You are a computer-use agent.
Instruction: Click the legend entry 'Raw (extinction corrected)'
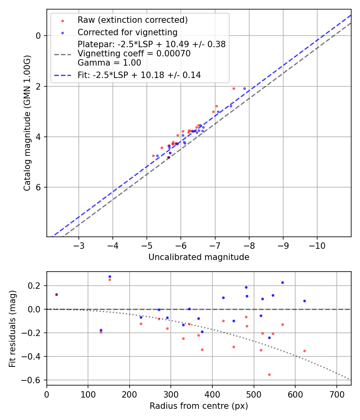132,20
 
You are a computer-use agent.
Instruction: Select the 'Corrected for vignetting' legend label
127,32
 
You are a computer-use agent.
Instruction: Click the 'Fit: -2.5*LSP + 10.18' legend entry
139,75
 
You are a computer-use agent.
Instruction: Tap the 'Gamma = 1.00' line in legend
109,63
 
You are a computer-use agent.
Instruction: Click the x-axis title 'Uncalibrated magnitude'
199,257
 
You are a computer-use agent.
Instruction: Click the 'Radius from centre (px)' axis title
199,406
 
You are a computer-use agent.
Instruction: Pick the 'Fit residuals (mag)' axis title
12,328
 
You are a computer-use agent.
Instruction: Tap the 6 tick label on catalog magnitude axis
38,187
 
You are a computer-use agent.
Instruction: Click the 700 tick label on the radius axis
336,394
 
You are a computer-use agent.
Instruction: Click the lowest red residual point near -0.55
269,374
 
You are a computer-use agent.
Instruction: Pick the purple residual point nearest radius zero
56,294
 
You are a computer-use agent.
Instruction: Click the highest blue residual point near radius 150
110,276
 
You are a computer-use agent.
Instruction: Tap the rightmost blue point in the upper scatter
244,88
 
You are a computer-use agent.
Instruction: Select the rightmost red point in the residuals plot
304,351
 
